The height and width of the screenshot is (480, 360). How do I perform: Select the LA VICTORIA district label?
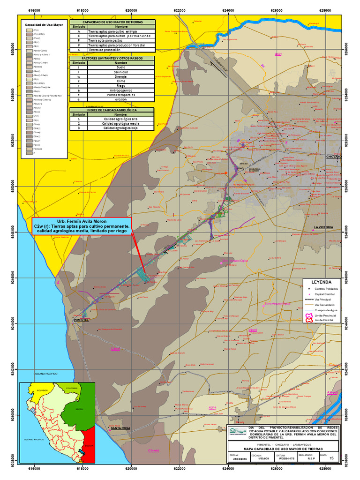(x=323, y=227)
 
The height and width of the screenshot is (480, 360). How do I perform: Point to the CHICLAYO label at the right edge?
(x=334, y=156)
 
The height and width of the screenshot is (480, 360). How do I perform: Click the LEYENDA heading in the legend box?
(x=321, y=283)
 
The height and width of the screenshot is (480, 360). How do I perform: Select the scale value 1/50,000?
(x=256, y=459)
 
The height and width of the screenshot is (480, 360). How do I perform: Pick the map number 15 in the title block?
(x=332, y=458)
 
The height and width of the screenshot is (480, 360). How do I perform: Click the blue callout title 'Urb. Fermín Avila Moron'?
(x=82, y=221)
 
